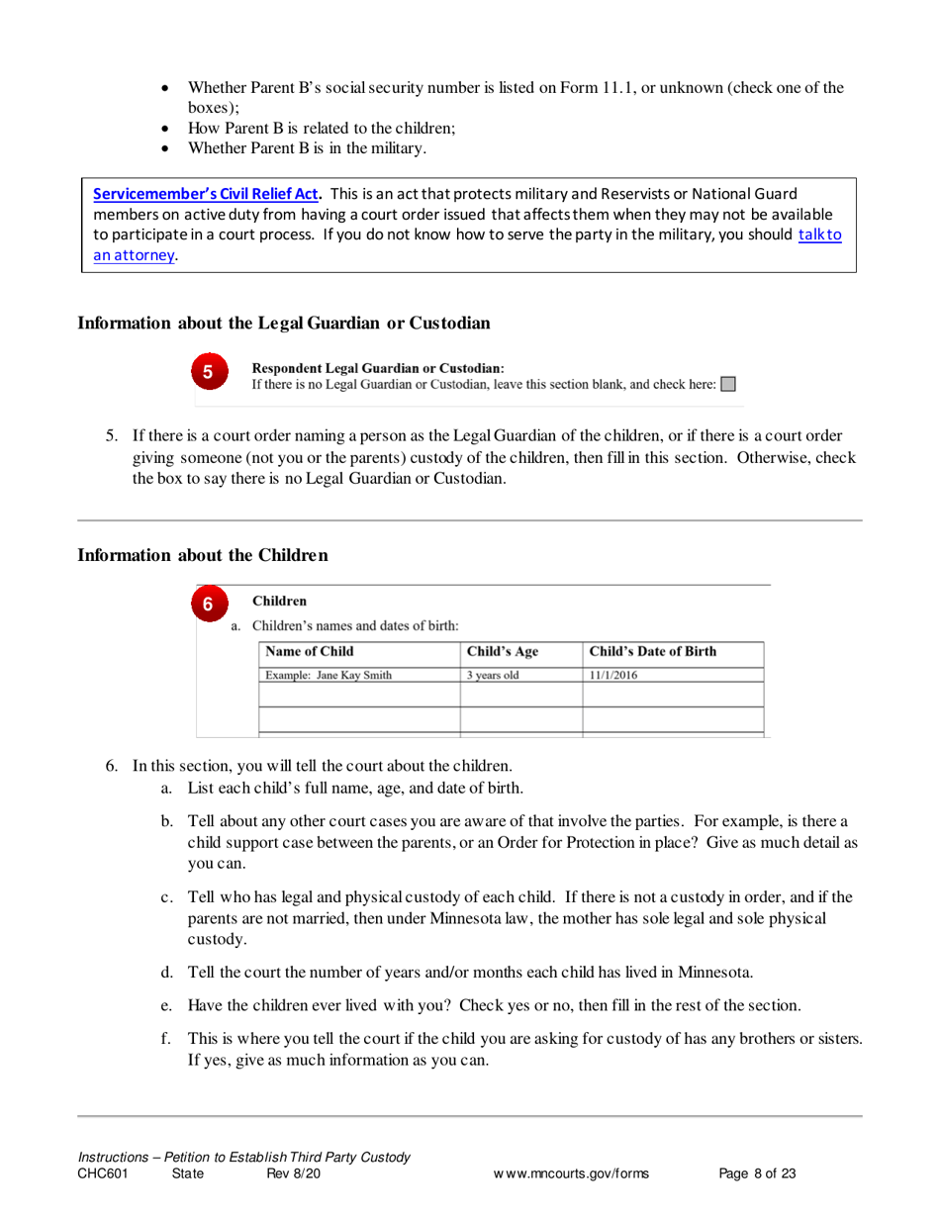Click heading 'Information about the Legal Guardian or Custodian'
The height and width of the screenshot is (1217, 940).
283,324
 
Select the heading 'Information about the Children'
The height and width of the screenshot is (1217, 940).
202,555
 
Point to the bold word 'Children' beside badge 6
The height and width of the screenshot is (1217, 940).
280,601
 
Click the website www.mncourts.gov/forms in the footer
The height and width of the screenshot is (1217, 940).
571,1174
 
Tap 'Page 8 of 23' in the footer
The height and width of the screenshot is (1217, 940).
758,1174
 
